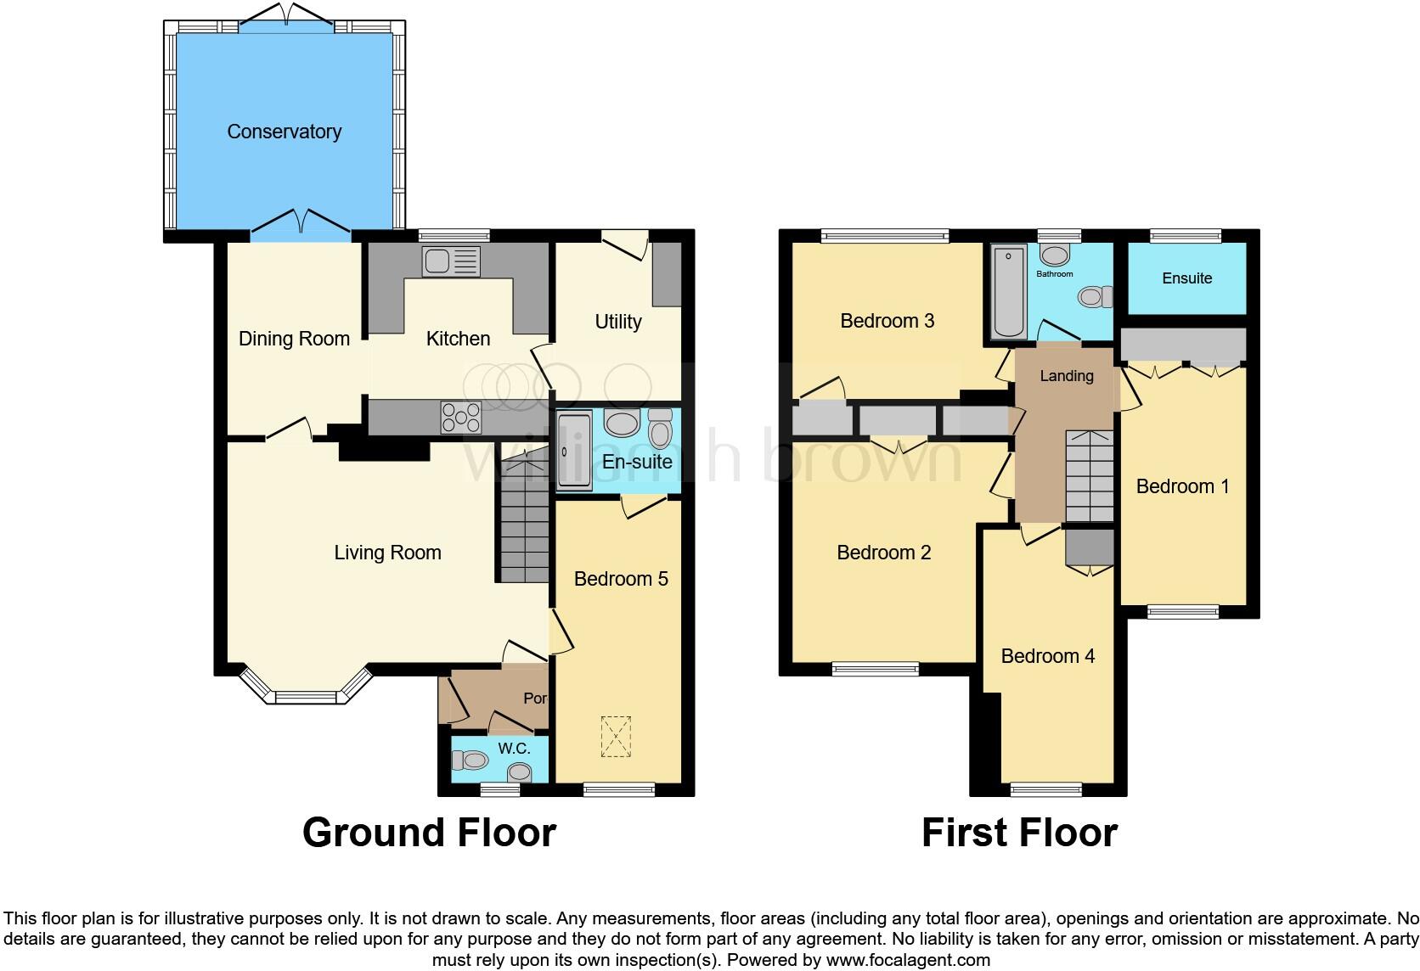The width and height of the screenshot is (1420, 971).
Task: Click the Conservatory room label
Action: coord(284,132)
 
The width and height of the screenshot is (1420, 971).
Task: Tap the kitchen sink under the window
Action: coord(451,261)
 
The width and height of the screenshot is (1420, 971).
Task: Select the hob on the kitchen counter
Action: coord(460,417)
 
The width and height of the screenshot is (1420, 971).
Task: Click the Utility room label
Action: coord(617,322)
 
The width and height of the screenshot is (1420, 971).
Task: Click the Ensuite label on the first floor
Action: coord(1186,278)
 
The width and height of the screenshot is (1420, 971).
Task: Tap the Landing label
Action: coord(1067,376)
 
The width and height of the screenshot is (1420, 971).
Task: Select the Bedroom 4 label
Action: coord(1047,656)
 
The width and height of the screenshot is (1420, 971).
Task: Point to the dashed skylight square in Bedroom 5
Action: coord(617,737)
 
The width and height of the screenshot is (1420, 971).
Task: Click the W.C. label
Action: coord(514,749)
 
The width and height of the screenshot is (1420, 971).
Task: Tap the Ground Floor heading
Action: coord(429,833)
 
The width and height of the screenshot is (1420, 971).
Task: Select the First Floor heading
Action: coord(1019,833)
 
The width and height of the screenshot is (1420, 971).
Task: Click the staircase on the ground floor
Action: coord(524,526)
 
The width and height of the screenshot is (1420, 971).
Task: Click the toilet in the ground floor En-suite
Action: coord(660,429)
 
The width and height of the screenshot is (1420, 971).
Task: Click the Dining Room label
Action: coord(294,339)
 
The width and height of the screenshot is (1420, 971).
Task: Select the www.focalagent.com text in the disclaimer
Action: coord(908,961)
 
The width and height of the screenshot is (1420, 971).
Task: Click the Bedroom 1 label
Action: coord(1182,486)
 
